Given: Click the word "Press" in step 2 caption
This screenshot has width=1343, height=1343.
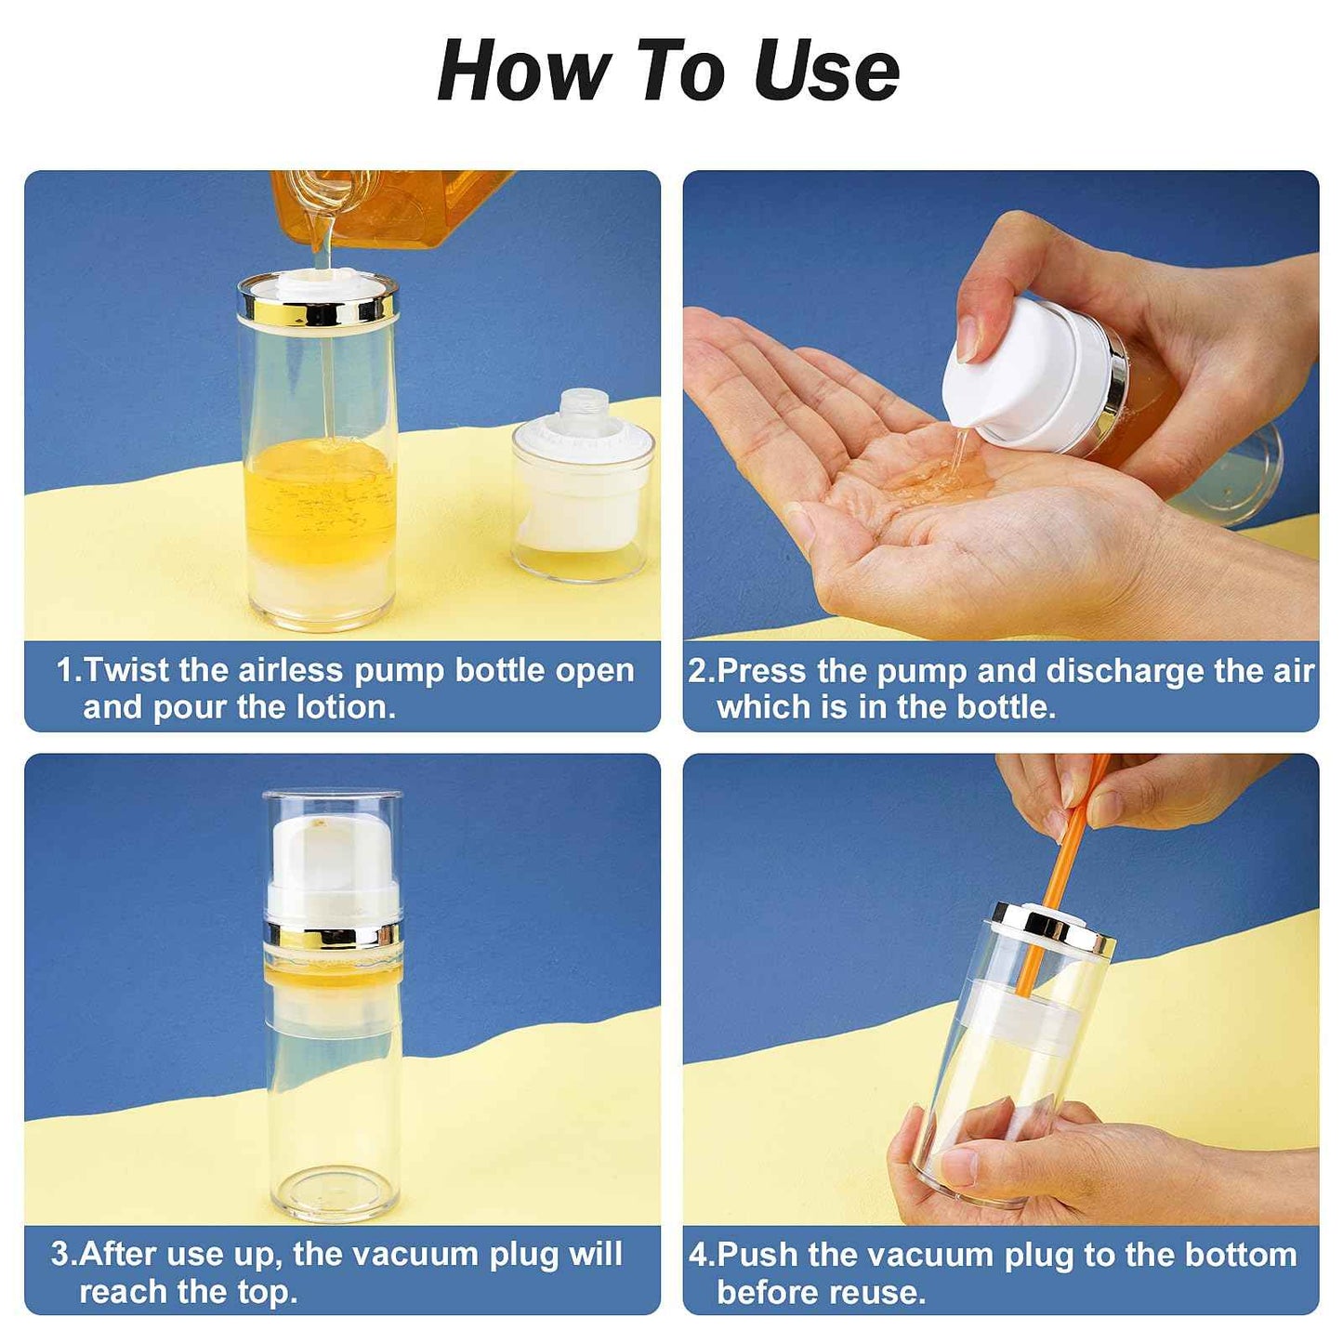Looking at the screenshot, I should point(761,671).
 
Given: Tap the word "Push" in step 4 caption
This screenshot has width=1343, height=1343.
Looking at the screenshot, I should point(757,1255).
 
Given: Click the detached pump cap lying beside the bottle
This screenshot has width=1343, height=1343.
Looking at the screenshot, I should point(583,488).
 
